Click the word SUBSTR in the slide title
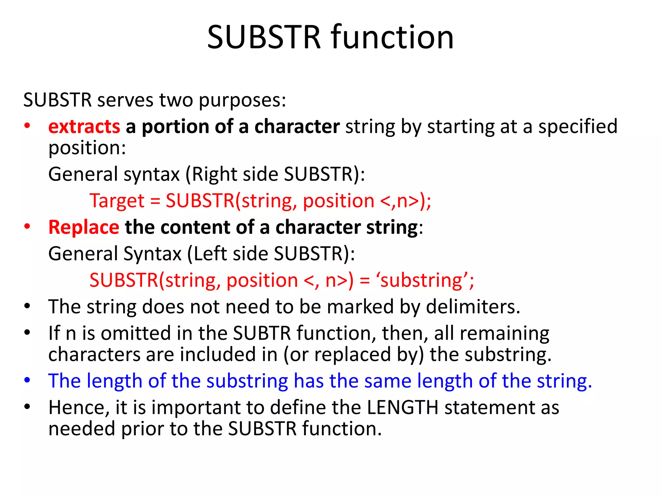264,37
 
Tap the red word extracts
84,126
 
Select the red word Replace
84,227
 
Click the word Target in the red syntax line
117,201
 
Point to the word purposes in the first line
242,100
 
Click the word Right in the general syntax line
215,174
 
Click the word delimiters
473,307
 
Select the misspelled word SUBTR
262,333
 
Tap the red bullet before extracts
27,126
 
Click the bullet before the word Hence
27,406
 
